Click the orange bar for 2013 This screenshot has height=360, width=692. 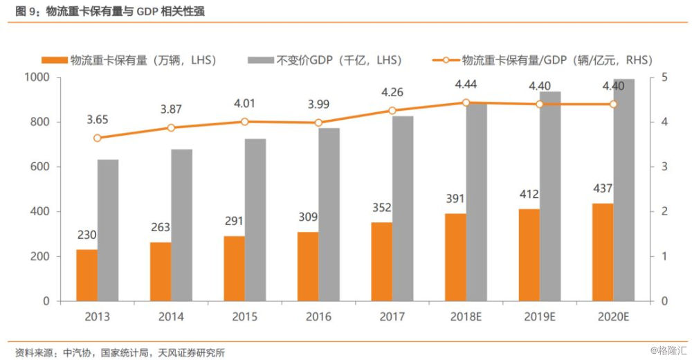coord(86,275)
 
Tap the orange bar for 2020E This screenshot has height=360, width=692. coord(603,252)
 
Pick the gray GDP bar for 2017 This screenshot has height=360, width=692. coord(403,208)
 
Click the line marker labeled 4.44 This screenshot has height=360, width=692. coord(466,102)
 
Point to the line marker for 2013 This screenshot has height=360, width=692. coord(97,138)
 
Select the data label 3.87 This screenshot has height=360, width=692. coord(171,109)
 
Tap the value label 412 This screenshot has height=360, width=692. coord(529,194)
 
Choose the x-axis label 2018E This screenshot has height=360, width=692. coord(466,317)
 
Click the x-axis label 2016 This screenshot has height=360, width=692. coord(318,317)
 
